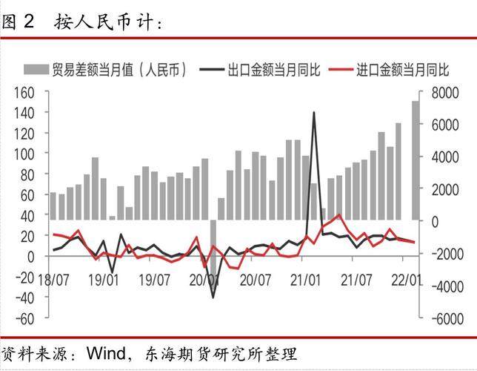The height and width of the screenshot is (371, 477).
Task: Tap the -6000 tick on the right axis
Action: pyautogui.click(x=436, y=318)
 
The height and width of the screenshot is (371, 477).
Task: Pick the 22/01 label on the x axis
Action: pyautogui.click(x=407, y=279)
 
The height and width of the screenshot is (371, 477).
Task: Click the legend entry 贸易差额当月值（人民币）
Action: pyautogui.click(x=119, y=70)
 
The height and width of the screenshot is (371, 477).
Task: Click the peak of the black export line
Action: pyautogui.click(x=314, y=113)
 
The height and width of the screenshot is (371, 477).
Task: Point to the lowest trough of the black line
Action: pyautogui.click(x=213, y=298)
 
